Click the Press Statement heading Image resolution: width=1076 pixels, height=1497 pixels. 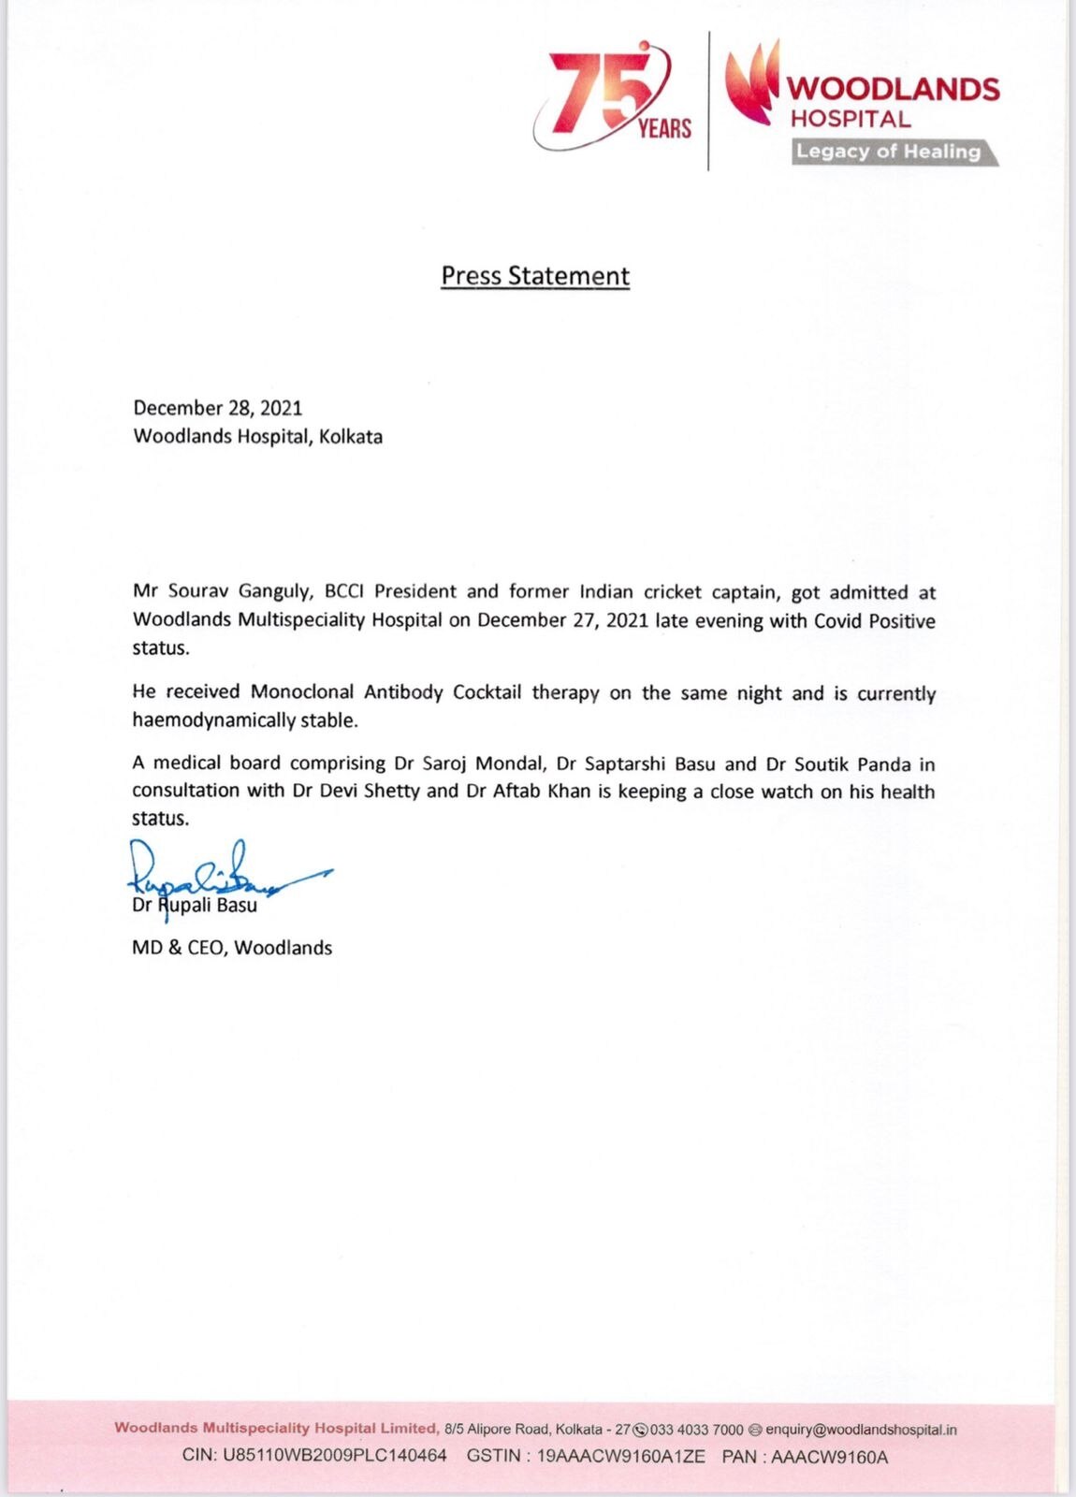[535, 276]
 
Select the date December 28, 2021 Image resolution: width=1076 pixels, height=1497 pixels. [218, 408]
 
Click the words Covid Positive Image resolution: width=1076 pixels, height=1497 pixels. [874, 620]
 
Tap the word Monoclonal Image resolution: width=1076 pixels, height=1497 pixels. [301, 692]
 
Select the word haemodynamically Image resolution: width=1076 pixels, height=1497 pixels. [214, 720]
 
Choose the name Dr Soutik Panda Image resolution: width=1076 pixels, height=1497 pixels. [838, 763]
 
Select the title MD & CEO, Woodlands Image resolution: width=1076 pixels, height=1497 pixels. [232, 948]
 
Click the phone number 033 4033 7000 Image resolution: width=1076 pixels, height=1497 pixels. [696, 1430]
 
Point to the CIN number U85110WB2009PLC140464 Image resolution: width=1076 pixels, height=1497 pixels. [334, 1457]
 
